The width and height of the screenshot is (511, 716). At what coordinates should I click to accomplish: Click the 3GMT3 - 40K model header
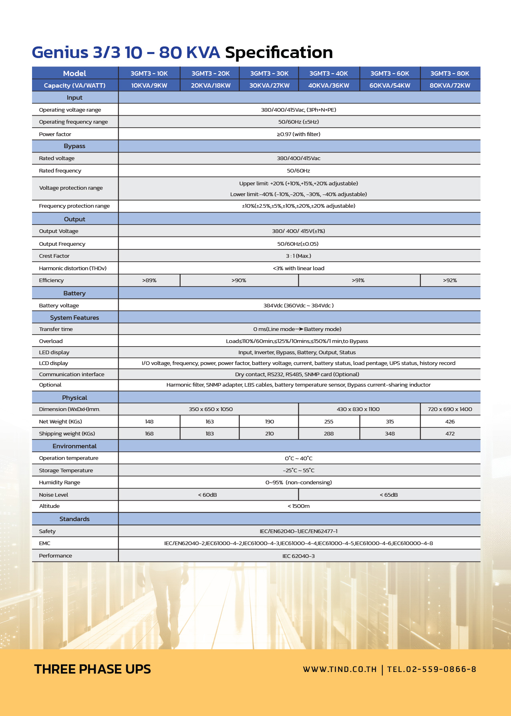tap(328, 73)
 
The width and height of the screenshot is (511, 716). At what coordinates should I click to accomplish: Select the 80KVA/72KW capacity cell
tap(450, 85)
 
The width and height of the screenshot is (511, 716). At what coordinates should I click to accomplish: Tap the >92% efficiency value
tap(450, 281)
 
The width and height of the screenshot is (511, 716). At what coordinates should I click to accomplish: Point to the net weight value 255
tap(329, 421)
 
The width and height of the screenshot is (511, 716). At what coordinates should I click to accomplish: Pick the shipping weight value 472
tap(450, 433)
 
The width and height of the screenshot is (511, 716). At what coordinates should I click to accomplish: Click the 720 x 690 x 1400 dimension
tap(450, 409)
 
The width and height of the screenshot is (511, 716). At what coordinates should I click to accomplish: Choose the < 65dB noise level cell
tap(388, 495)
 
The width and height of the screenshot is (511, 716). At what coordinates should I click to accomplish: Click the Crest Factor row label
tap(54, 256)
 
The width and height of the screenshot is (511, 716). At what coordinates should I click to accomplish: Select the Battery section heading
tap(74, 293)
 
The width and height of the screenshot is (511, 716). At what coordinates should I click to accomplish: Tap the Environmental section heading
tap(74, 446)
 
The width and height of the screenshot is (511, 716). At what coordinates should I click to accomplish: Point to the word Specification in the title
tap(279, 52)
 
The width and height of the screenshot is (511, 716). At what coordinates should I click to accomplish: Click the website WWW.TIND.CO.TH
tap(340, 669)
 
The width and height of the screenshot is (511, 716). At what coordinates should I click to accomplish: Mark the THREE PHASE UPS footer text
tap(93, 669)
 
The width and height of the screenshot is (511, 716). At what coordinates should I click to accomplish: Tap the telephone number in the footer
tap(432, 669)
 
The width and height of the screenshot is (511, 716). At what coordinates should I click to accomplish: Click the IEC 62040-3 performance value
tap(298, 556)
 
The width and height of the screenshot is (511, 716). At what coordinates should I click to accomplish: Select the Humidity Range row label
tap(59, 483)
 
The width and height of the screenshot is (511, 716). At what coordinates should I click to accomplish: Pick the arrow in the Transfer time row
tap(299, 329)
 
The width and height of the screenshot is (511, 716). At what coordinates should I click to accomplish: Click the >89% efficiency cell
tap(149, 281)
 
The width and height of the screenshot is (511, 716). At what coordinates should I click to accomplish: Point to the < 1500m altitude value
tap(298, 506)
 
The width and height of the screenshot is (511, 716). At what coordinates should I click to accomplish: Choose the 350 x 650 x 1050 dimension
tap(211, 409)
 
